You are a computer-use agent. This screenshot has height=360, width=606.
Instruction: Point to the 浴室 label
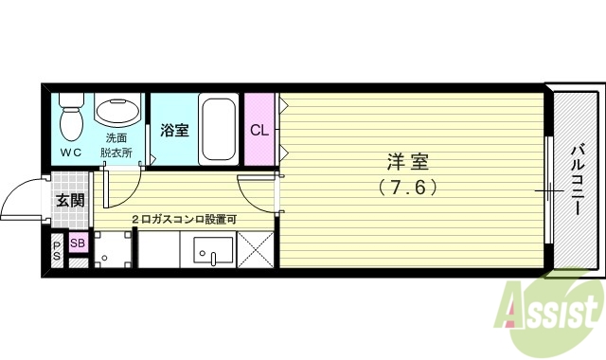173,131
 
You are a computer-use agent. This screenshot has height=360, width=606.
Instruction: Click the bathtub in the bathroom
219,129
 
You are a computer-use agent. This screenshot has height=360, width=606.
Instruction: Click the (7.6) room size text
408,187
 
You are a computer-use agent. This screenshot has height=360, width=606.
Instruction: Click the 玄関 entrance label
69,200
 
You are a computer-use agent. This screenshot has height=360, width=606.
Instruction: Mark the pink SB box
77,244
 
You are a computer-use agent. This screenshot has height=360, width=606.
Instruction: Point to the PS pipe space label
57,251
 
